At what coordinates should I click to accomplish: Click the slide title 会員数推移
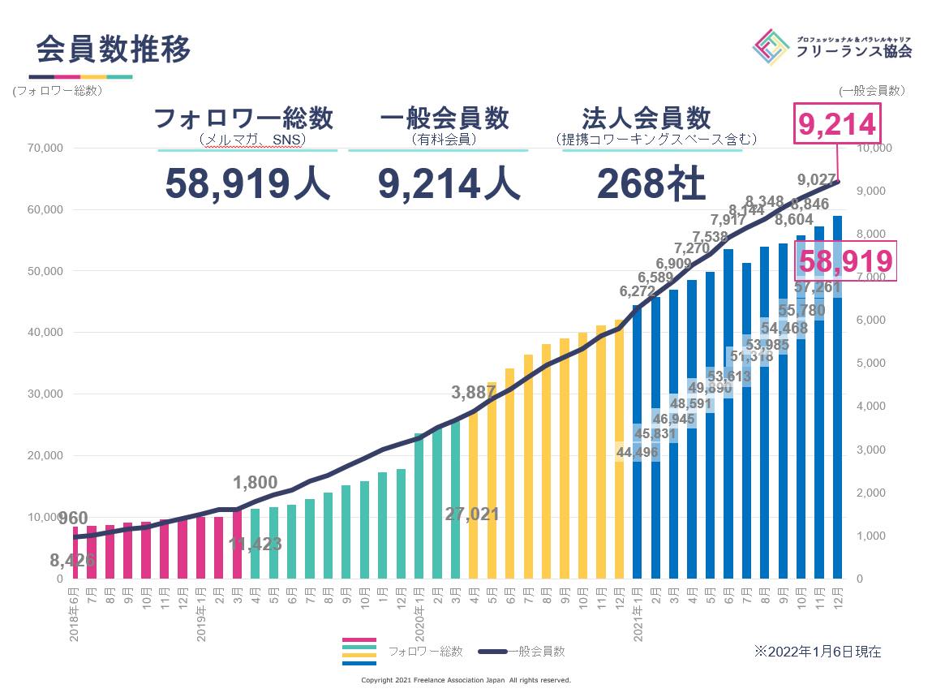[x=114, y=49]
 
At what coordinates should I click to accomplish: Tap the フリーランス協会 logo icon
[x=771, y=47]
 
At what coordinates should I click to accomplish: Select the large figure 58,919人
[x=247, y=183]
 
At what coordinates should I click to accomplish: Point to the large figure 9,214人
[x=449, y=183]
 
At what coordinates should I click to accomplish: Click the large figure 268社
[x=651, y=183]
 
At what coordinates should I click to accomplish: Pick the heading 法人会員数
[x=646, y=118]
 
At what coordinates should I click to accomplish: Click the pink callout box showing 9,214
[x=837, y=124]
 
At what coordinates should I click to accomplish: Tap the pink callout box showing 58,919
[x=846, y=261]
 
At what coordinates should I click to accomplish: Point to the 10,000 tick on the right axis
[x=874, y=148]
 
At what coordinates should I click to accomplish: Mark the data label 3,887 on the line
[x=474, y=393]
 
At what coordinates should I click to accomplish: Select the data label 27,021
[x=472, y=514]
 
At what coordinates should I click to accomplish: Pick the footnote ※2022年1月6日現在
[x=817, y=651]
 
